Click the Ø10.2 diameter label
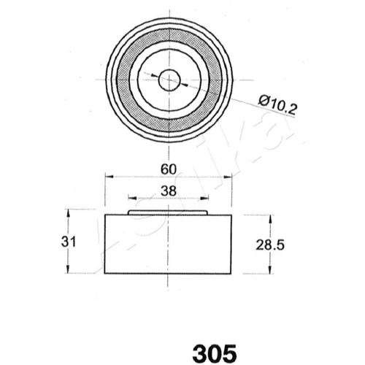point(277,104)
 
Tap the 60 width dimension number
point(169,169)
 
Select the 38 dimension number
point(169,191)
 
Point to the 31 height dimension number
point(69,242)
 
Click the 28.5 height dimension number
point(270,245)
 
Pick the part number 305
point(215,353)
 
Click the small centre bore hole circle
point(169,80)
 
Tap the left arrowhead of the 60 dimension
point(109,176)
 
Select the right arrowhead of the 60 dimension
point(227,177)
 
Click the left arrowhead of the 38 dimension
point(132,198)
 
